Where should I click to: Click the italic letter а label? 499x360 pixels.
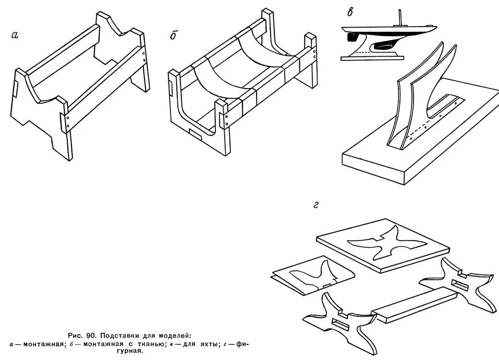tap(15, 35)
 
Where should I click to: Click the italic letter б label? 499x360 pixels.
tap(174, 36)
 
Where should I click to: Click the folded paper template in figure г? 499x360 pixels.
tap(313, 274)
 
